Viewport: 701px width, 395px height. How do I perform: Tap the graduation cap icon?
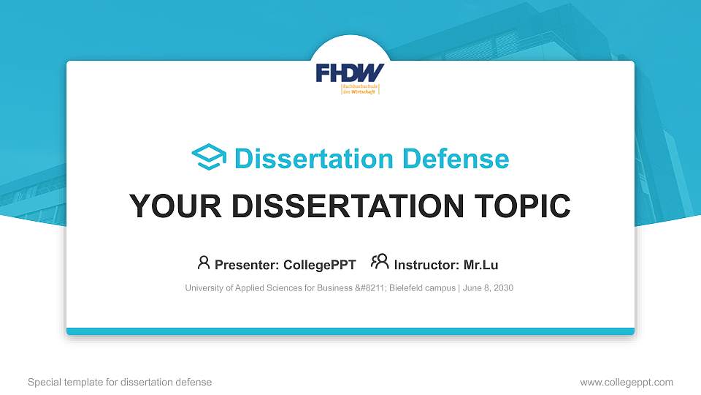tap(209, 158)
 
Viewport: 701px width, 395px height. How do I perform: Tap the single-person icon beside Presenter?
tap(204, 263)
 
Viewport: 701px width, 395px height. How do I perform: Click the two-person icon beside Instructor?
tap(380, 263)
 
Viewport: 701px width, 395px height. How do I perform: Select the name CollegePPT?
tap(319, 265)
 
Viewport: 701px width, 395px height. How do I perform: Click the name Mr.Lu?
tap(480, 265)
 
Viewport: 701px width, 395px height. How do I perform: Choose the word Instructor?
tap(427, 265)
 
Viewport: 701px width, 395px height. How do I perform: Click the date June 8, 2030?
tap(488, 288)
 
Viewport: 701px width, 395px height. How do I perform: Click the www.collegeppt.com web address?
tap(626, 382)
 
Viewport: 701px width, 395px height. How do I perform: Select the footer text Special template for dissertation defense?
tap(120, 382)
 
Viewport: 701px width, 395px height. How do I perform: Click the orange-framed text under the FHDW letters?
tap(360, 89)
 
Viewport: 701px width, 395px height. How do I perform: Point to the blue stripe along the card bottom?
tap(350, 331)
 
